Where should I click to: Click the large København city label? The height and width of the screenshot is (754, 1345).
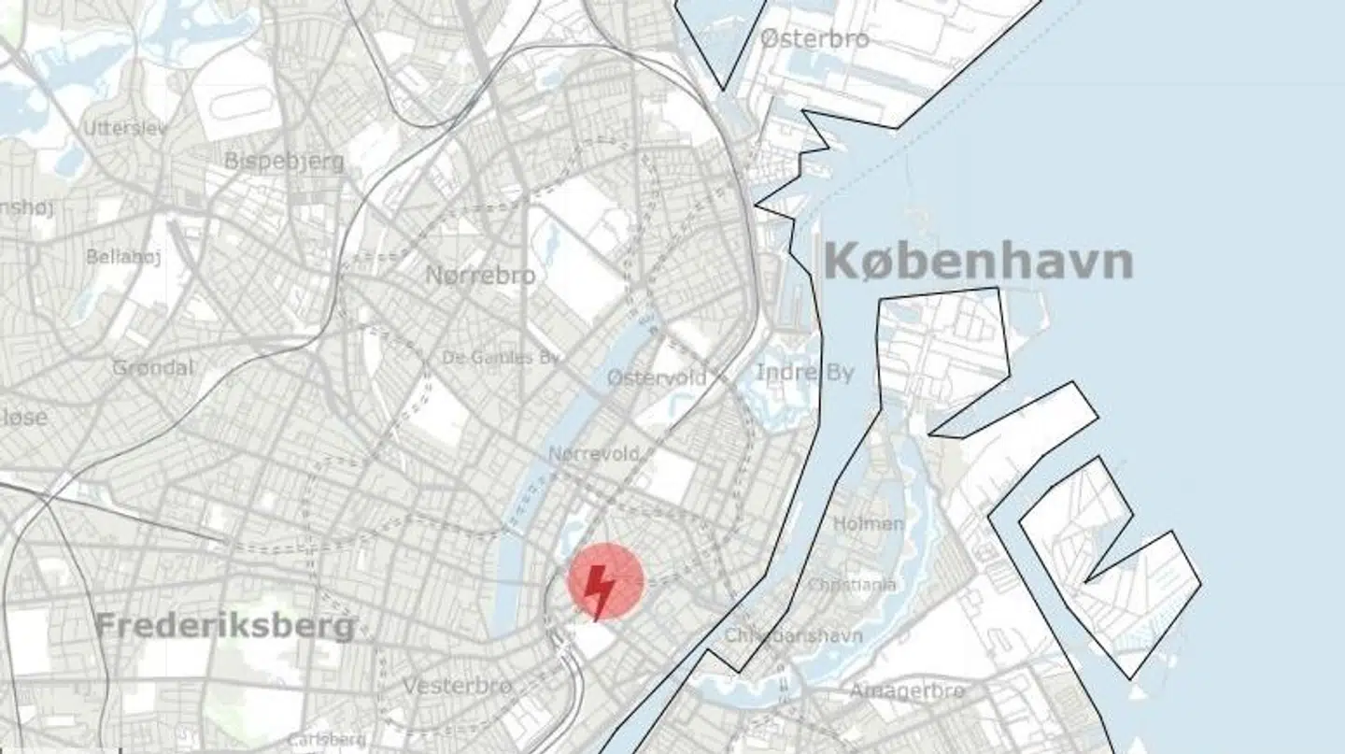tap(978, 263)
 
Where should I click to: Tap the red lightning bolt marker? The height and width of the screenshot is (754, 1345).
tap(604, 583)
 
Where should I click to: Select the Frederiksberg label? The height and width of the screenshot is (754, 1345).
tap(225, 626)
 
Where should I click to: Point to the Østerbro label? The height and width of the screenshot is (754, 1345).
tap(814, 39)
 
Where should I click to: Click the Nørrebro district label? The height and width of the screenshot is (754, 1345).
tap(480, 276)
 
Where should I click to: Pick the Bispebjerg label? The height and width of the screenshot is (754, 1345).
tap(284, 162)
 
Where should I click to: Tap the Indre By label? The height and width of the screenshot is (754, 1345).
tap(804, 373)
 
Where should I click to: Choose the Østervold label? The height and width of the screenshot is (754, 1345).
tap(657, 378)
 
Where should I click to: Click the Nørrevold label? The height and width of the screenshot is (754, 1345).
tap(594, 454)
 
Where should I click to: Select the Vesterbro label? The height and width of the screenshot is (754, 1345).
tap(457, 686)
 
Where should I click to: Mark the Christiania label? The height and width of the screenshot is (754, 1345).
tap(851, 585)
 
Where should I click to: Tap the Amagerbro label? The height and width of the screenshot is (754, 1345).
tap(906, 691)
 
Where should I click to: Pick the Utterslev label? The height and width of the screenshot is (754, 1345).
tap(125, 128)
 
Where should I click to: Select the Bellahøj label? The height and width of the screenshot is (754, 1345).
tap(123, 256)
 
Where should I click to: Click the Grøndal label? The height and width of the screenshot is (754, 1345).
tap(152, 367)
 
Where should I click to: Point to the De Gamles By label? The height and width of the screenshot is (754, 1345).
tap(501, 358)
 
